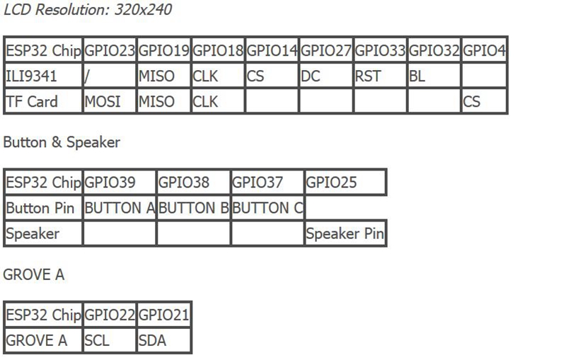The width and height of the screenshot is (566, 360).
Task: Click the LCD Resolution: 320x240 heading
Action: coord(88,10)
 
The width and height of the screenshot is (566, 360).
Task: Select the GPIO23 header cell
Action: coord(110,50)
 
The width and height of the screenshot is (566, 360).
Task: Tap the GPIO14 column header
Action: coord(272,50)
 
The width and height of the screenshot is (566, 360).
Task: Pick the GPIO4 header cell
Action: coord(484,50)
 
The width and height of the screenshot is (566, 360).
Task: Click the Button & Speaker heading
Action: coord(62,142)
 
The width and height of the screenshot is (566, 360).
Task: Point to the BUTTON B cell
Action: coord(193,208)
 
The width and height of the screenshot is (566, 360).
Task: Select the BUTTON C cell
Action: coord(267,208)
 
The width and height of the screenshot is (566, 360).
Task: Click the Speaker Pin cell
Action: coord(345,233)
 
